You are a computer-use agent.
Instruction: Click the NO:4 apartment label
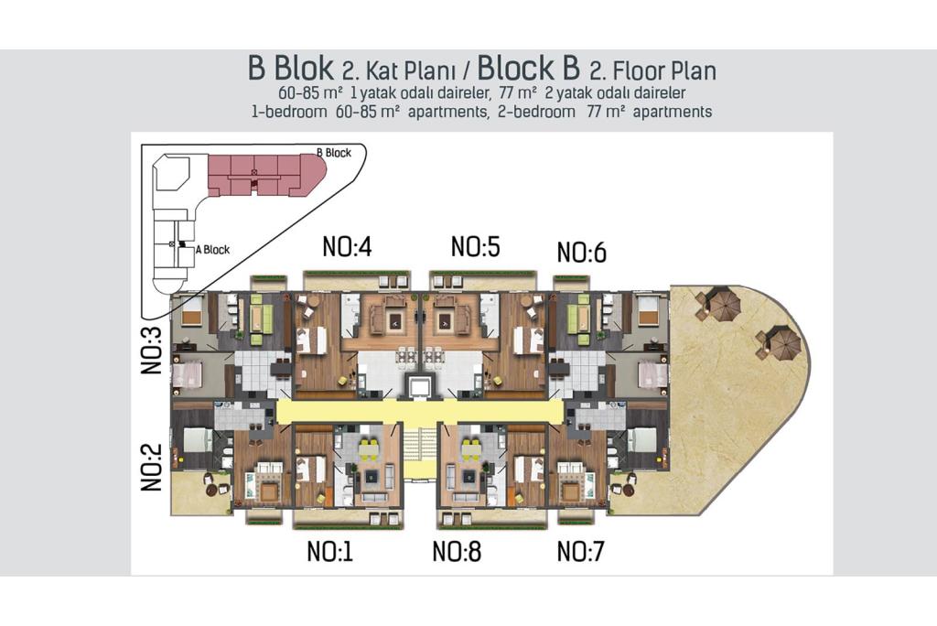347,246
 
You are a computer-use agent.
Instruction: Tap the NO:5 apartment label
475,246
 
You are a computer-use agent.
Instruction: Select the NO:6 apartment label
581,253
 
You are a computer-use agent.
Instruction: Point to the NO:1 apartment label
329,551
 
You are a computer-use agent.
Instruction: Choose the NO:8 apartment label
457,551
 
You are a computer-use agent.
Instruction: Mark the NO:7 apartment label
581,551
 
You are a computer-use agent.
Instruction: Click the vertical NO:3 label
152,351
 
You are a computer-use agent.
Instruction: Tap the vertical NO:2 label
152,467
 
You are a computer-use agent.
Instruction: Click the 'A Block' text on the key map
212,250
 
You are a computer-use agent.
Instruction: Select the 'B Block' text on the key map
334,153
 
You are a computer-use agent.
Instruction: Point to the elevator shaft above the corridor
419,386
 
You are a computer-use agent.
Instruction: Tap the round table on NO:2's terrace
212,491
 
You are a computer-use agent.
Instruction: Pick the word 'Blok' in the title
304,68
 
